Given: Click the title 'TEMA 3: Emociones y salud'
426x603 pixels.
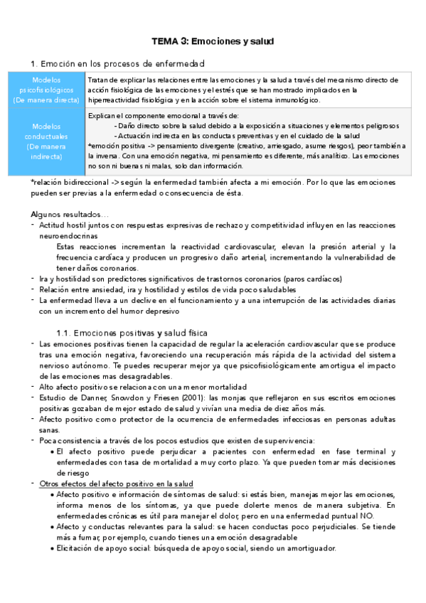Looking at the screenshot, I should click(213, 42).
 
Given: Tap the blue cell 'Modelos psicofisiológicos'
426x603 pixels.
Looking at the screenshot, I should click(46, 90).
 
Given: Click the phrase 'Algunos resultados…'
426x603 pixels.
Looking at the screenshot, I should click(70, 214).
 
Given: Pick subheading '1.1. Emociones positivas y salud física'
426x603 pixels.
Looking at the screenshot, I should click(132, 332).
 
